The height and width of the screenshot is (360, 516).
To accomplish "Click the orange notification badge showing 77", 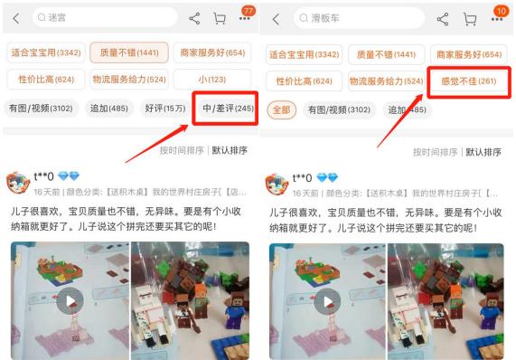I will tap(248, 10).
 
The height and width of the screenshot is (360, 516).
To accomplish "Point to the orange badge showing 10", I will tap(500, 10).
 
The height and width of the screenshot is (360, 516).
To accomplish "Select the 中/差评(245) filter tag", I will tap(227, 109).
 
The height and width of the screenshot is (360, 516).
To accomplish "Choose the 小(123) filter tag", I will tap(211, 81).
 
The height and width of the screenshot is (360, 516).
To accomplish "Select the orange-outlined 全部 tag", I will tap(281, 109).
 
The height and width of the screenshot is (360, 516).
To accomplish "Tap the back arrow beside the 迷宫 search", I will tap(15, 19).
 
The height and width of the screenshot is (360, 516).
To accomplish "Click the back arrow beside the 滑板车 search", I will tap(276, 19).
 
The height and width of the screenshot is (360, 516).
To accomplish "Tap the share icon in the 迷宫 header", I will tap(193, 19).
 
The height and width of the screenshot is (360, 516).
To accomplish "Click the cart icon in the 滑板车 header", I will tap(469, 19).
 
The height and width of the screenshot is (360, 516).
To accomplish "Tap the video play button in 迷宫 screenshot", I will tap(70, 302).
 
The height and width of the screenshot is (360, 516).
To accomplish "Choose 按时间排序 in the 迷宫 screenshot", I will tap(182, 151).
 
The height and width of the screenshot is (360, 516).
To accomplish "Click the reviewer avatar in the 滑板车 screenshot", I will tap(277, 185).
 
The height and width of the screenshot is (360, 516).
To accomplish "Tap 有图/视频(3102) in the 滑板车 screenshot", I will tap(340, 109).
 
